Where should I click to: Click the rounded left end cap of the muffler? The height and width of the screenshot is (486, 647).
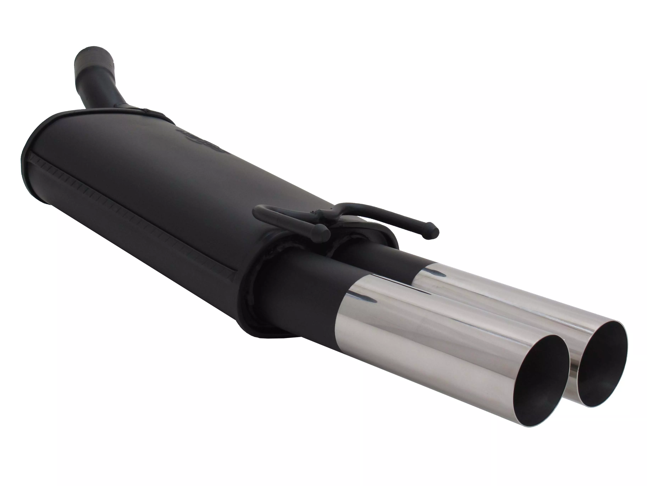(x=38, y=164)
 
